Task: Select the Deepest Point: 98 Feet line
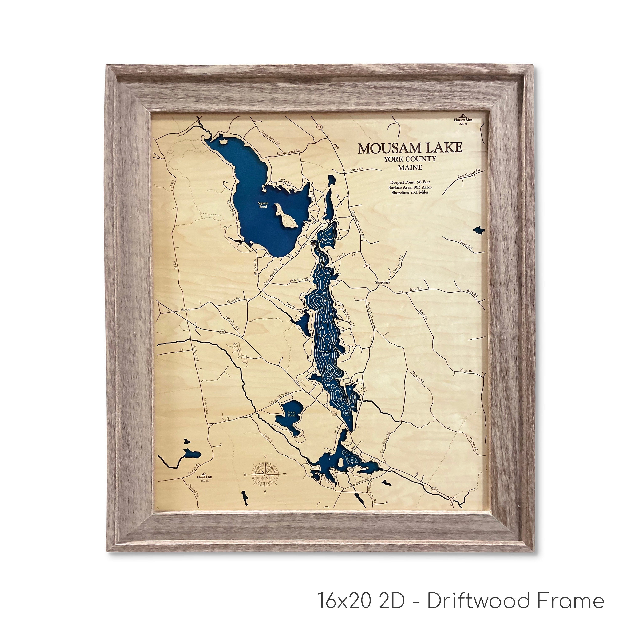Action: (410, 182)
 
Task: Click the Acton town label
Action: (185, 309)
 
